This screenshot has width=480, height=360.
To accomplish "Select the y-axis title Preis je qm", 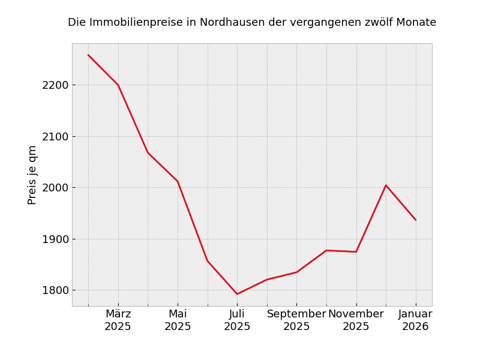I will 32,175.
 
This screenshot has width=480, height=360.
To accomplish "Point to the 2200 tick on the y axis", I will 55,85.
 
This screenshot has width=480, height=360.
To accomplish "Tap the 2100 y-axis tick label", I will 55,137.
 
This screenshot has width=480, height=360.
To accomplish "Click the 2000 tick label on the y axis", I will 55,188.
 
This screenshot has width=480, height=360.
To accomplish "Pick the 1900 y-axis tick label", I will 55,239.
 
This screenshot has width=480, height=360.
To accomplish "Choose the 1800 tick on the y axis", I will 55,290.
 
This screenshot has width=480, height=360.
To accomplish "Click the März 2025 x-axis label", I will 118,320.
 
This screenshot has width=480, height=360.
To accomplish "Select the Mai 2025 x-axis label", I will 178,320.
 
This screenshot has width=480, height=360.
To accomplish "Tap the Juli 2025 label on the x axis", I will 237,320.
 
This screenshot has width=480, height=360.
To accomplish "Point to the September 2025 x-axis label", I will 296,320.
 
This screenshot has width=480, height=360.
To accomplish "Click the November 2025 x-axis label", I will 356,320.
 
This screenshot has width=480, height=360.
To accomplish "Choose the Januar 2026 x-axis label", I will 415,320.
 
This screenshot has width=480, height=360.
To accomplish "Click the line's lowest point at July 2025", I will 237,294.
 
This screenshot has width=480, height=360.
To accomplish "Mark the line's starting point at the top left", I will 88,55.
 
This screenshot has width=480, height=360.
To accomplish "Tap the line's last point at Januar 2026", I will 415,220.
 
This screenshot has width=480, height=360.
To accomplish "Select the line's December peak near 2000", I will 386,185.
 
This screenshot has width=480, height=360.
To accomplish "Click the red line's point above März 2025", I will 118,85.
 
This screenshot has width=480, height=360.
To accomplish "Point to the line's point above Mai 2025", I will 178,181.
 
